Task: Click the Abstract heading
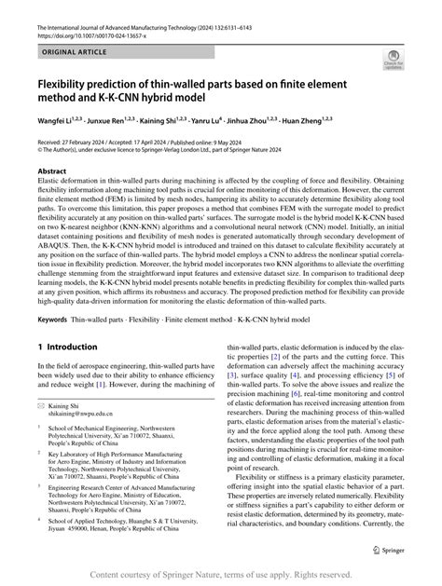pos(51,171)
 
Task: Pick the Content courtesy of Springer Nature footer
pos(221,576)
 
